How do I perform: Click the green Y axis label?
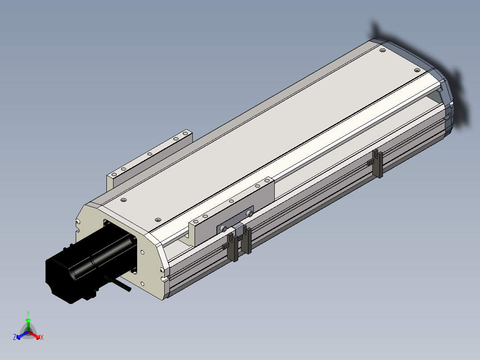28,313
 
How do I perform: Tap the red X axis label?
42,337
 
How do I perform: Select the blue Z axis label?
15,337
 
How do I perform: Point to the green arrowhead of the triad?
28,320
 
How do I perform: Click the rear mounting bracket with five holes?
150,160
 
